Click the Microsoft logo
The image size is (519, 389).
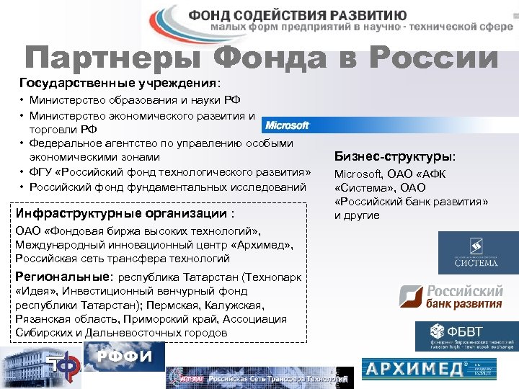pyautogui.click(x=286, y=125)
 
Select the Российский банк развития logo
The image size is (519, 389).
pyautogui.click(x=451, y=297)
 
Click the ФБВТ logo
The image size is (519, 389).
pyautogui.click(x=466, y=336)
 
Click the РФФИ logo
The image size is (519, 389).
pyautogui.click(x=125, y=356)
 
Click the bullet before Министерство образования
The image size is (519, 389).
pyautogui.click(x=23, y=100)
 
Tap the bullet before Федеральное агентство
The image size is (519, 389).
pyautogui.click(x=23, y=143)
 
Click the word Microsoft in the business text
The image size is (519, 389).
pyautogui.click(x=358, y=174)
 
